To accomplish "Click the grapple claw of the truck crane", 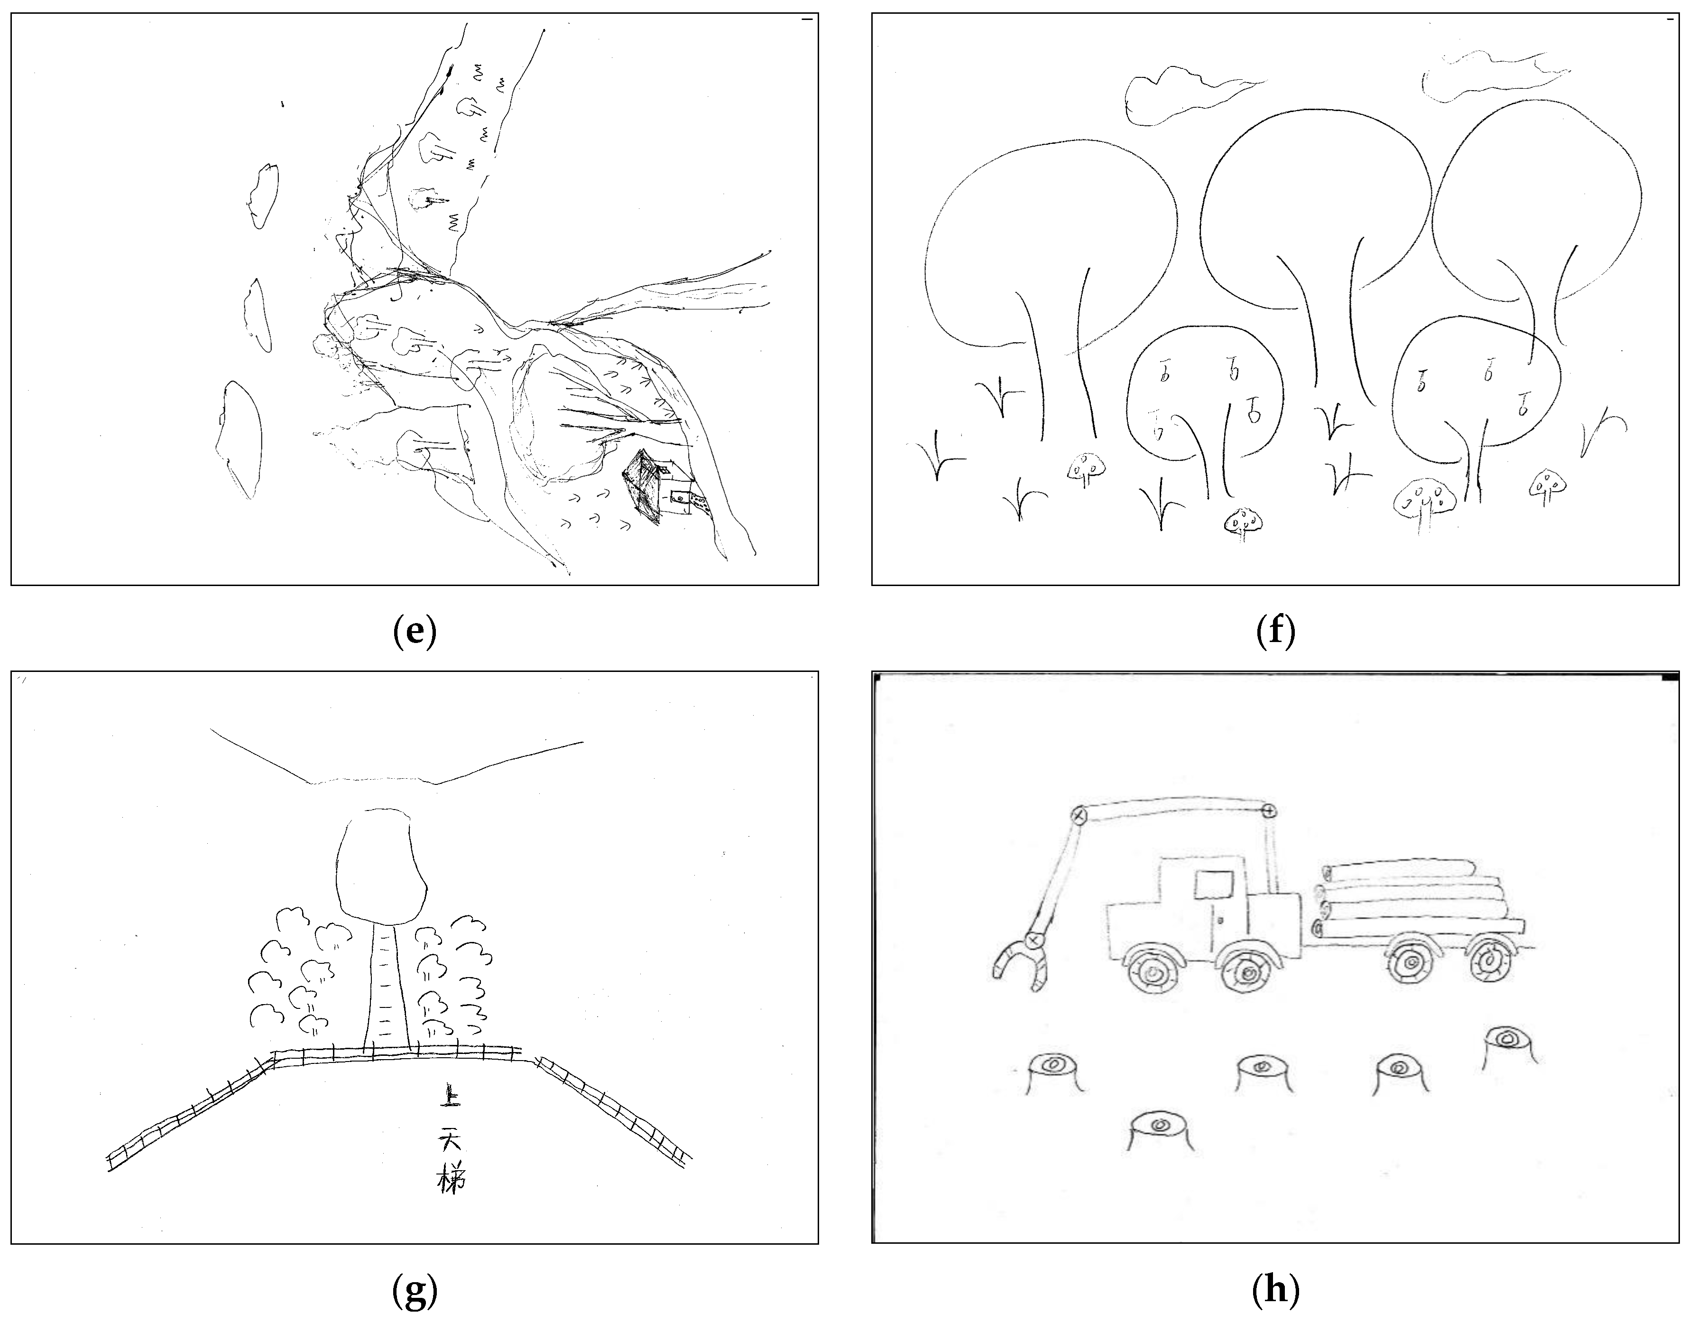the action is click(x=1021, y=963).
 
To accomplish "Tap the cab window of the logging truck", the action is click(x=1214, y=884).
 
